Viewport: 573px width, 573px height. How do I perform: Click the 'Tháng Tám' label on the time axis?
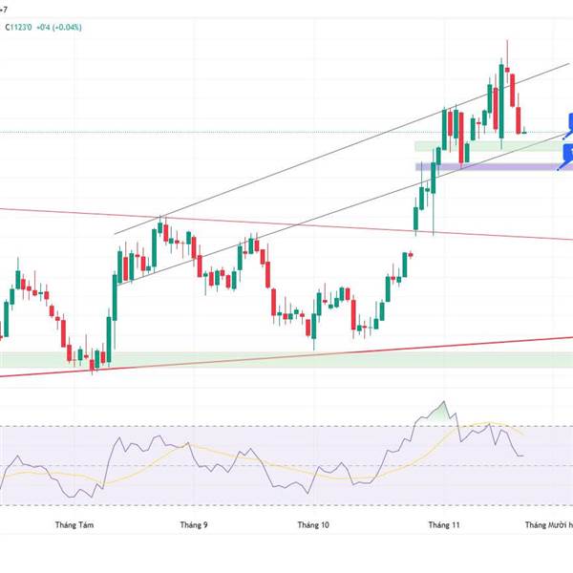click(75, 524)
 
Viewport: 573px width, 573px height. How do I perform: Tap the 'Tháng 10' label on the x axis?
click(312, 524)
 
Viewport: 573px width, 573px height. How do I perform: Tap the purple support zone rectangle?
click(497, 166)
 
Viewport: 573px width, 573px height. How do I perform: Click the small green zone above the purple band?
click(458, 146)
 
